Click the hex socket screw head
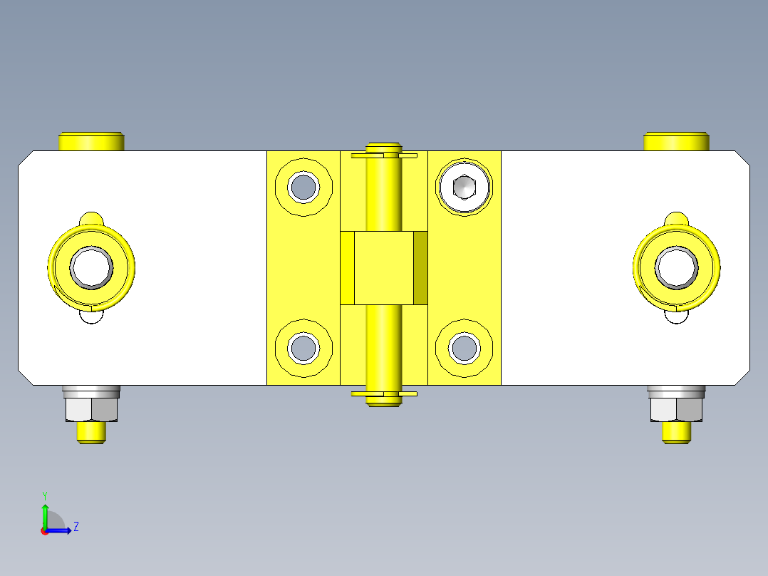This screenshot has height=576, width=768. coord(464,187)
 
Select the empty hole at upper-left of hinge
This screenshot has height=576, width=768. coord(303,187)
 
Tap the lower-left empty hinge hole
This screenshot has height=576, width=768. coord(303,348)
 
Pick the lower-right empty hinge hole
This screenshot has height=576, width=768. coord(465,348)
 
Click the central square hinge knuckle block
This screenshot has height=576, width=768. coord(384,267)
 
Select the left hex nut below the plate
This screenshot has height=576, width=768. coord(92,409)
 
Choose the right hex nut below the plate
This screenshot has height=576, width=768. coord(676,409)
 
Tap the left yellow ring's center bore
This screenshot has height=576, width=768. coord(92,267)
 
